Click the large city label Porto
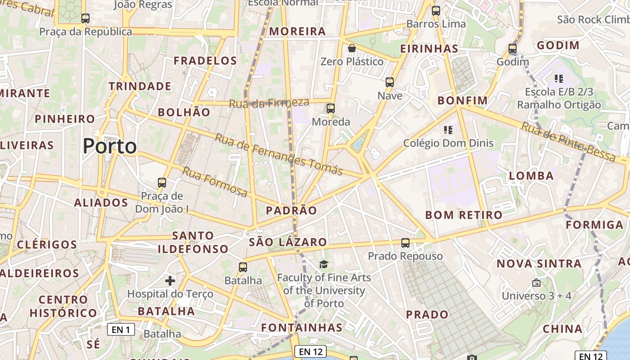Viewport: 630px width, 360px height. tap(110, 146)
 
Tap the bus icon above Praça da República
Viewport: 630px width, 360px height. tap(85, 18)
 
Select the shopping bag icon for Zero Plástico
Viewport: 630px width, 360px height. tap(352, 48)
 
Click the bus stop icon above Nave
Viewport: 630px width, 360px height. tap(390, 82)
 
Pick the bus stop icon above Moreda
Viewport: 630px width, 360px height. tap(331, 108)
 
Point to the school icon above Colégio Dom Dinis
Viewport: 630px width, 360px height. tap(448, 130)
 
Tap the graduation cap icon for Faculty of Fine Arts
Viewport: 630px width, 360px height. tap(324, 264)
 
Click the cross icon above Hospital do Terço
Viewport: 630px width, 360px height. tap(170, 281)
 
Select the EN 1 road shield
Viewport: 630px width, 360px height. tap(121, 329)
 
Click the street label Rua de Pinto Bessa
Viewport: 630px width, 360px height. tap(568, 141)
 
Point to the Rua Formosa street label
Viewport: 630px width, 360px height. tap(215, 182)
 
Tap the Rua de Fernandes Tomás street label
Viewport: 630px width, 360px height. tap(279, 154)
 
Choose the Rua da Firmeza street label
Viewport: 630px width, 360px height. tap(269, 103)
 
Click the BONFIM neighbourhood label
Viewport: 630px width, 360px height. tap(463, 100)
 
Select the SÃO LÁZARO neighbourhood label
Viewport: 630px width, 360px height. tap(288, 242)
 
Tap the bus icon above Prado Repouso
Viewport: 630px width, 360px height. tap(405, 243)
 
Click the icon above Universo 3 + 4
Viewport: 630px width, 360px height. tap(536, 283)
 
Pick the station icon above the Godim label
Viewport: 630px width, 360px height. tap(513, 48)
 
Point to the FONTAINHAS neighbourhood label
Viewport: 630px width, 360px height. tap(302, 327)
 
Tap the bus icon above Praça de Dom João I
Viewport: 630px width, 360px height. tap(162, 183)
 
